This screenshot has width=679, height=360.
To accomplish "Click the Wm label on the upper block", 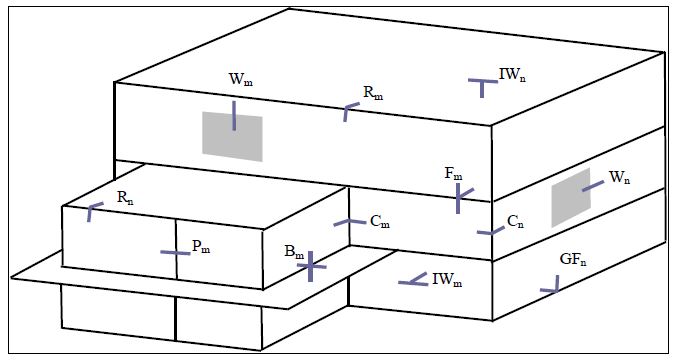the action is pos(240,79).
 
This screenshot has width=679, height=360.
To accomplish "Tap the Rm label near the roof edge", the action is pos(373,93).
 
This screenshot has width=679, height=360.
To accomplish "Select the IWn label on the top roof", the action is pos(512,75).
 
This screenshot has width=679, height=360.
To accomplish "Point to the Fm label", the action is pos(453,174).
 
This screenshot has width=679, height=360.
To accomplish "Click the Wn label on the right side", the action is pos(619,178).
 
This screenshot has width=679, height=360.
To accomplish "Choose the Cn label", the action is pos(515,222).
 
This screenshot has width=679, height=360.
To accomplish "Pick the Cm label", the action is pos(380,221).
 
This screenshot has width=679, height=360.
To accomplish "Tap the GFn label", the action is pos(573,259).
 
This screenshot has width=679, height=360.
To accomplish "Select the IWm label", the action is pos(447,279).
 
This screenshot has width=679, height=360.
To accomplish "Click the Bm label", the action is pos(294,252).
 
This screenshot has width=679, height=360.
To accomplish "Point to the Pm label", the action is pos(201,246).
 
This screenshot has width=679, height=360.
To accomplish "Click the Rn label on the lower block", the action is pos(125,198).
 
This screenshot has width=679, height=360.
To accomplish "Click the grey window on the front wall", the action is pos(232,136).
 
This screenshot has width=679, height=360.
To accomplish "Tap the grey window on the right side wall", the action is pos(571,198).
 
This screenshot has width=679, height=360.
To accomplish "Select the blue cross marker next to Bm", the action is pos(310,266).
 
